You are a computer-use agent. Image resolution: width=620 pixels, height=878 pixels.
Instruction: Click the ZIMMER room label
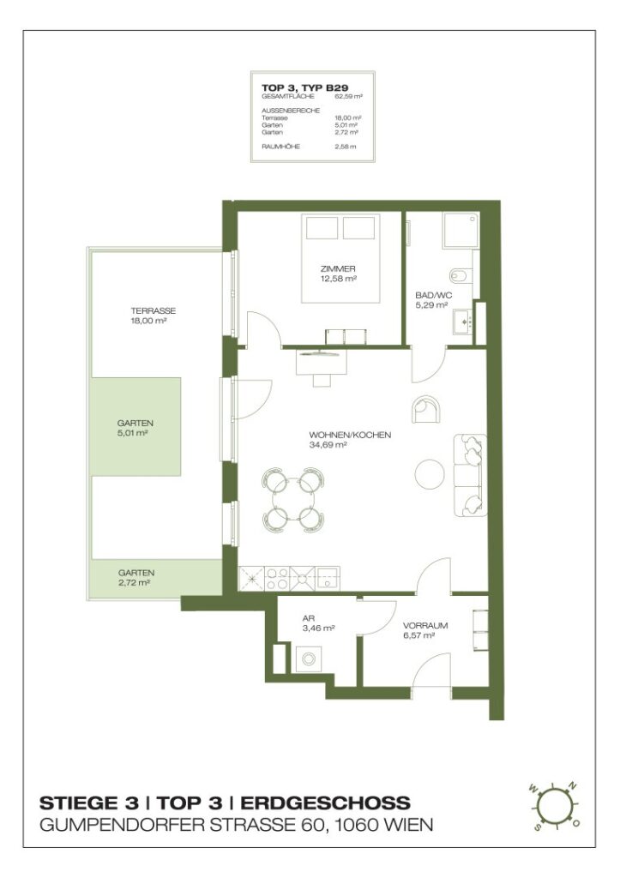(338, 268)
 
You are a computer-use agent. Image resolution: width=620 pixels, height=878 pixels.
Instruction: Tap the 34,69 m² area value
(328, 445)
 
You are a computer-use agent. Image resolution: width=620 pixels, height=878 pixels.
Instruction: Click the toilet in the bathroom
(458, 275)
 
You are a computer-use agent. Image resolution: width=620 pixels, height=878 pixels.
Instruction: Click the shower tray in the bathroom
(462, 231)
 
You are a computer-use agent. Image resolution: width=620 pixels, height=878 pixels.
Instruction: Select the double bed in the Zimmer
(339, 257)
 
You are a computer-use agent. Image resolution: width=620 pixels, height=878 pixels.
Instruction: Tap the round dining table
(290, 498)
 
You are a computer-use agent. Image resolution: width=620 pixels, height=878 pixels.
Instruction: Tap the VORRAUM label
(425, 626)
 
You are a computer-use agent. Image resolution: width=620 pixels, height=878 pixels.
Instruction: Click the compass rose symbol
(555, 806)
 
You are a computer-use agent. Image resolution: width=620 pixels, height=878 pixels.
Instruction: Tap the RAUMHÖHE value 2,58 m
(346, 147)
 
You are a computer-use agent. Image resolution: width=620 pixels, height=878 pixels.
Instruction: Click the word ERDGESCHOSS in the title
(325, 803)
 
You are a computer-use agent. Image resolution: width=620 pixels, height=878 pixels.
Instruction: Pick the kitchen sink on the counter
(328, 578)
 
